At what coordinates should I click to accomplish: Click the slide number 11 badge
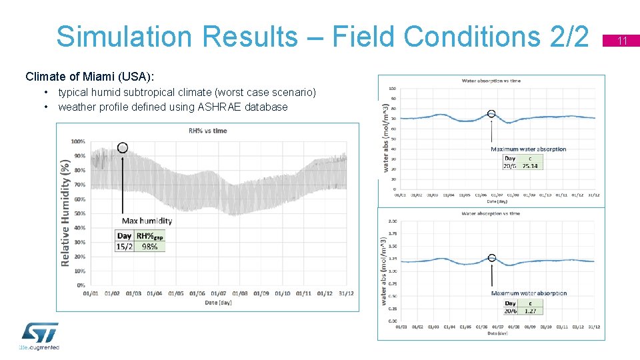623,41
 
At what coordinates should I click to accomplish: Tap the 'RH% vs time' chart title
207,131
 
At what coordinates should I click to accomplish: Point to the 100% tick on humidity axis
78,141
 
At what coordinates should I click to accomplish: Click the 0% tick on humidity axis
80,285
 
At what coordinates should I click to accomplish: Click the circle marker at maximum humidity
123,148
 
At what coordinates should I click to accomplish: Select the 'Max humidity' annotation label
147,221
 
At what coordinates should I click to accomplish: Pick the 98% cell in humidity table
150,246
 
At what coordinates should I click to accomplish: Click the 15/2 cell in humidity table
125,246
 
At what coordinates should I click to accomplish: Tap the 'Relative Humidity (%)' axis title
65,212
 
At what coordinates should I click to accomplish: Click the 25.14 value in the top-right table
530,166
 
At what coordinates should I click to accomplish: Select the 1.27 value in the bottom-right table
531,311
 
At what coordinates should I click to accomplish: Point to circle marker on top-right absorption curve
491,114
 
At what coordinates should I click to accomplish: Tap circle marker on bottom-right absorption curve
492,257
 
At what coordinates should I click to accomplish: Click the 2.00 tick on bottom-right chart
393,221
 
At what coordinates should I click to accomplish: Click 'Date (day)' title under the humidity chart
218,303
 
